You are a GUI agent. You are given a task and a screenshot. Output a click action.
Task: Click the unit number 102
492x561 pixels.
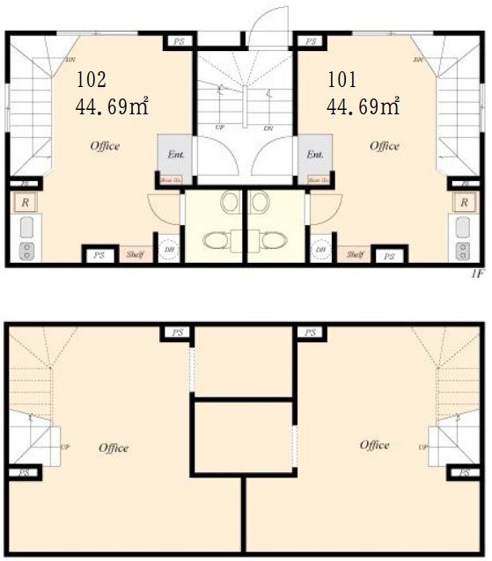point(92,79)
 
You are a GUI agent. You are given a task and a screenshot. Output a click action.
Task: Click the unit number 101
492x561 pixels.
point(341,79)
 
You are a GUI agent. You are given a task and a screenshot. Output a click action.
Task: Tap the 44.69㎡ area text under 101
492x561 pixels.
point(363,107)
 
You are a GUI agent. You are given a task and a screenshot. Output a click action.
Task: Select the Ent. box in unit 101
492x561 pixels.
point(314,155)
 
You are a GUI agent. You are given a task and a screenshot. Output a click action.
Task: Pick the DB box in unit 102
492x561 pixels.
point(169,250)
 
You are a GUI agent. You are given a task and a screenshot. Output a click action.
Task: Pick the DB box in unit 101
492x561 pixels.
point(320,250)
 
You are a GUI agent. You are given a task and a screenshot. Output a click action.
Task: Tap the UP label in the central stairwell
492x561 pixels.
point(218,127)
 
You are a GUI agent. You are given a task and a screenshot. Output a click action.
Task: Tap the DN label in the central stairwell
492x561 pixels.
point(267,127)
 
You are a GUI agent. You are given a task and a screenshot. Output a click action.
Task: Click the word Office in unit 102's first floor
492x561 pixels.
point(105,146)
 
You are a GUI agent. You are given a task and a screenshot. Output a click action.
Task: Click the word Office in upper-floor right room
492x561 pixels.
point(374,445)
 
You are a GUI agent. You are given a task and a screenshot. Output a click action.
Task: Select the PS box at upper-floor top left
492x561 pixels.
point(177,332)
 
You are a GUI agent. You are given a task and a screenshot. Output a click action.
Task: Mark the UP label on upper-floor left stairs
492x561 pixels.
point(64,447)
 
